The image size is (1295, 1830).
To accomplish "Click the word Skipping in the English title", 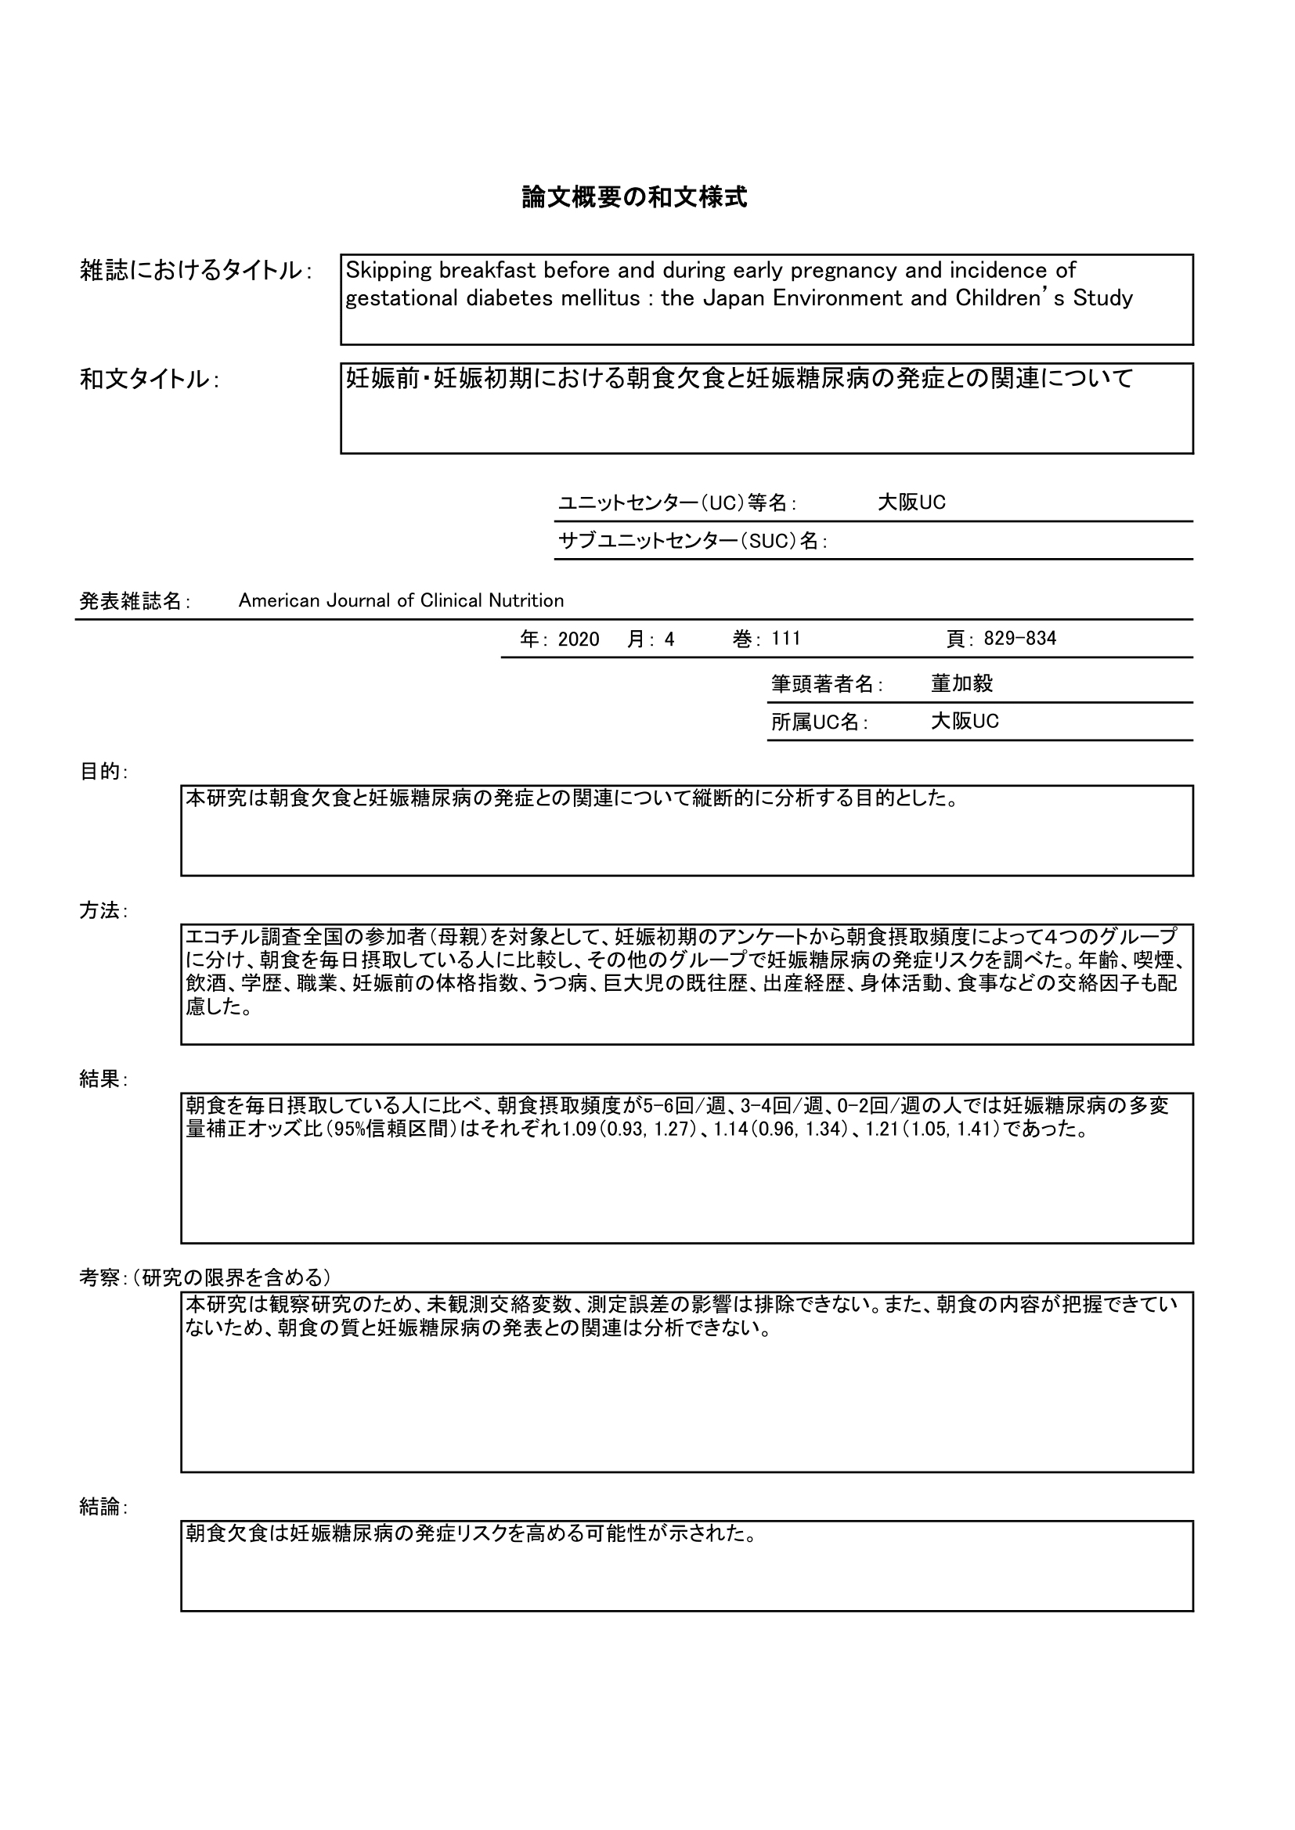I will (x=388, y=271).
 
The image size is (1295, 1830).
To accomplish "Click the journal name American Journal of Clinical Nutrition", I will (x=400, y=601).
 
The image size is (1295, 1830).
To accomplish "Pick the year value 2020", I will (x=578, y=639).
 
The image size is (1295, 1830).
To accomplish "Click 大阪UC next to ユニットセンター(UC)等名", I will (x=911, y=503).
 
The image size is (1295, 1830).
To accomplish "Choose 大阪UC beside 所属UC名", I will (x=964, y=722).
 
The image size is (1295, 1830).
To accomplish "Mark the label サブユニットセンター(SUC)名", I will (x=691, y=541).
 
